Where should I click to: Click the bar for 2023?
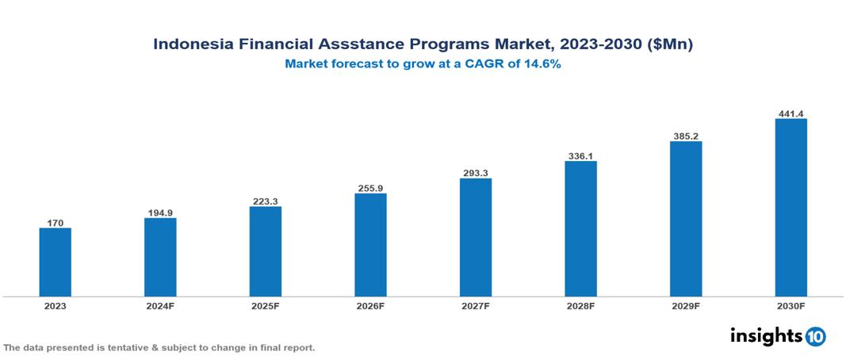pyautogui.click(x=55, y=262)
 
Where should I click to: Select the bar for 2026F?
pyautogui.click(x=370, y=245)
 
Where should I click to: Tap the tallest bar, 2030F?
pyautogui.click(x=790, y=208)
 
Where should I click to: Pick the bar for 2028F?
pyautogui.click(x=580, y=228)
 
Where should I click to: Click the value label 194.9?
pyautogui.click(x=160, y=213)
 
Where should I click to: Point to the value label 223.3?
pyautogui.click(x=266, y=201)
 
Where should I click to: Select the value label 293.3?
pyautogui.click(x=476, y=173)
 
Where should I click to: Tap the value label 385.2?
pyautogui.click(x=686, y=136)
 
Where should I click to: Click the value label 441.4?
pyautogui.click(x=790, y=113)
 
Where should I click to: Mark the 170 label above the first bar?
pyautogui.click(x=55, y=223)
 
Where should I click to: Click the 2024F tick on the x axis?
pyautogui.click(x=160, y=305)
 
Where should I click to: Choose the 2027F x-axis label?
pyautogui.click(x=476, y=305)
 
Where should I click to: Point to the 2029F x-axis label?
pyautogui.click(x=686, y=305)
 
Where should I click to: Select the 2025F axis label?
pyautogui.click(x=266, y=305)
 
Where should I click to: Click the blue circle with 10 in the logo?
pyautogui.click(x=815, y=336)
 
